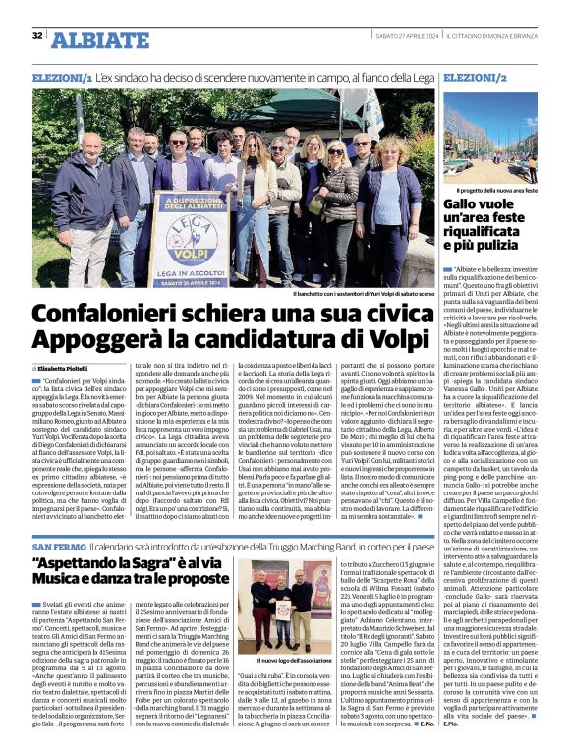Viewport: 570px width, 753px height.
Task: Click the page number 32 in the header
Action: [x=37, y=36]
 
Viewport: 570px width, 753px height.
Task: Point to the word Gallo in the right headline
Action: [x=465, y=204]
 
